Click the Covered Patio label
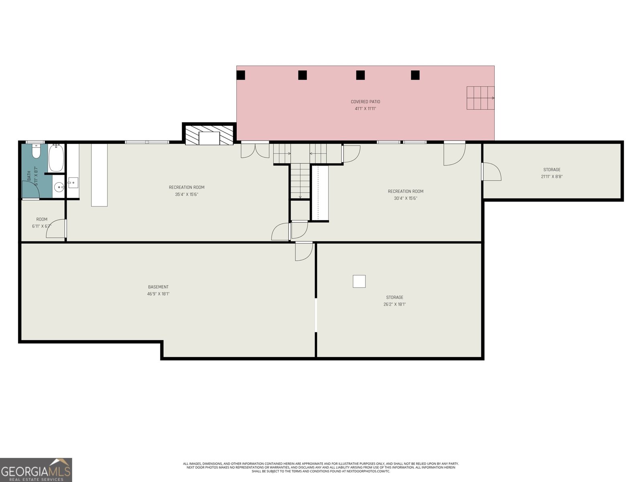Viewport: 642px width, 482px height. click(x=365, y=102)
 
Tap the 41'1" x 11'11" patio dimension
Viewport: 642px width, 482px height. click(x=365, y=108)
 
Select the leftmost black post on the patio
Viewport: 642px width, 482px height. click(x=241, y=75)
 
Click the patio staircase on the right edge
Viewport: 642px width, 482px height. click(x=480, y=98)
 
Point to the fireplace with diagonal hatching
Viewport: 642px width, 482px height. click(x=209, y=135)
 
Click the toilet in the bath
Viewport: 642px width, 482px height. click(x=36, y=152)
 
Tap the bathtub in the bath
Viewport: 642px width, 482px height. click(x=56, y=158)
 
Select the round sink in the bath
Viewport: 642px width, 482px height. click(x=59, y=187)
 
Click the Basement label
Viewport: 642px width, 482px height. click(x=158, y=287)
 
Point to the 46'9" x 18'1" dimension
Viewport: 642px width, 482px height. click(x=158, y=294)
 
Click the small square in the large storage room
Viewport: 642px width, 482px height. click(x=359, y=281)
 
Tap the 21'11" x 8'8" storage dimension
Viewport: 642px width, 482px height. click(x=552, y=176)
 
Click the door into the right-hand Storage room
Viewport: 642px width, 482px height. click(x=491, y=172)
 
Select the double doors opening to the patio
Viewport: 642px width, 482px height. click(x=255, y=150)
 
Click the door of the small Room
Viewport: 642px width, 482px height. click(x=56, y=229)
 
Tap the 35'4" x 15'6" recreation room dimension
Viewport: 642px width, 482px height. click(x=187, y=194)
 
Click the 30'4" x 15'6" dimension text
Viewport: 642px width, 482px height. click(x=405, y=198)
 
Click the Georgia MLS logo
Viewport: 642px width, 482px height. click(x=36, y=470)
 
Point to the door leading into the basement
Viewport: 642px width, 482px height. click(x=303, y=251)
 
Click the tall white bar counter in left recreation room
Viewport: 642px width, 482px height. click(x=99, y=175)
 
